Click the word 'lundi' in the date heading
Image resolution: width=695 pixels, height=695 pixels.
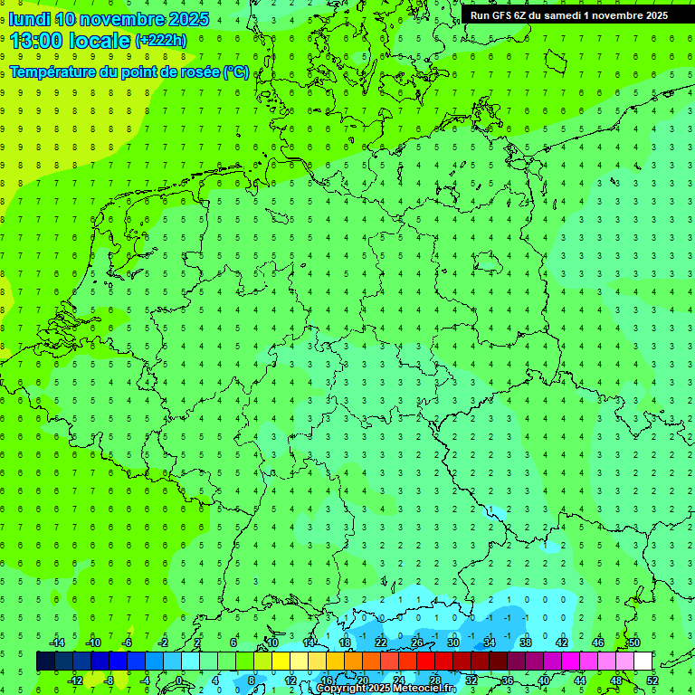(x=29, y=19)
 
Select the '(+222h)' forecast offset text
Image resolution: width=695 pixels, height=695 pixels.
(x=160, y=41)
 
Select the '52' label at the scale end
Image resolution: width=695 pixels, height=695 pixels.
(x=652, y=681)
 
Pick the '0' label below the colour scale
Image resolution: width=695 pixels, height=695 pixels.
(x=178, y=681)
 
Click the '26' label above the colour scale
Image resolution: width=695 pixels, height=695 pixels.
(x=417, y=643)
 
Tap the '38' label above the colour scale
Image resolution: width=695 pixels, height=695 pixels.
(x=526, y=643)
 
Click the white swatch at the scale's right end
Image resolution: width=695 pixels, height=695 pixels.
(x=643, y=662)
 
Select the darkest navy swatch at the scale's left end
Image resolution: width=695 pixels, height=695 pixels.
(x=45, y=662)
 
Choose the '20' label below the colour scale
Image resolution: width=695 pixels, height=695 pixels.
(x=362, y=681)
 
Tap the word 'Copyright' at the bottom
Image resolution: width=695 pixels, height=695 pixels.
(x=342, y=689)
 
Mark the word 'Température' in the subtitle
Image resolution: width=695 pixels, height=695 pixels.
(x=52, y=72)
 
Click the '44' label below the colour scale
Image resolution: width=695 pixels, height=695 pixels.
(x=579, y=681)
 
